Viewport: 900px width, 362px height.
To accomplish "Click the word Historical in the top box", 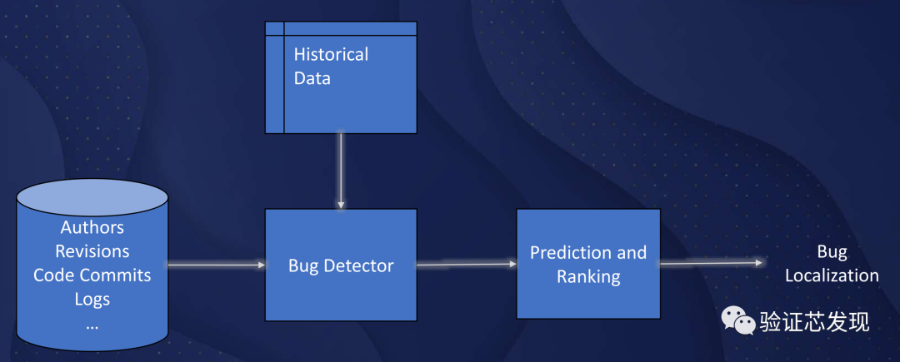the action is coord(331,55).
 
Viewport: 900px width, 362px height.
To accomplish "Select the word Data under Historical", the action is coord(312,79).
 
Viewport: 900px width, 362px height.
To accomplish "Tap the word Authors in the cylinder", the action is coord(92,227).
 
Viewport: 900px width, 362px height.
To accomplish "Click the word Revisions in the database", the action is coord(92,250).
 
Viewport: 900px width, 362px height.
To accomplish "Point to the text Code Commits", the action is coord(92,275).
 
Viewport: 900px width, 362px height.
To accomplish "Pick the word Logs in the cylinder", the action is coord(92,299).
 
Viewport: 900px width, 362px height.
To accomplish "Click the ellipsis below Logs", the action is coord(92,325).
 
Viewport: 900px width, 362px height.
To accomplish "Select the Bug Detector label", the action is coord(341,266).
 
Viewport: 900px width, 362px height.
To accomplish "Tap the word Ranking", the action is coord(588,277).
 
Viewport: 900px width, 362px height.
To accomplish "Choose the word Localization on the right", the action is coord(832,275).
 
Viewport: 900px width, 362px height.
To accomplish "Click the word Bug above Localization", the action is coord(832,251).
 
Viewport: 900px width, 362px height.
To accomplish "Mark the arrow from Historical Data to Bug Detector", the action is coord(341,171).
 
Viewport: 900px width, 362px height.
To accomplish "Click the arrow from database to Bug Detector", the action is coord(217,265).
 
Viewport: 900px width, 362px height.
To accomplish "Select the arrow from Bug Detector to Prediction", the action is coord(467,265).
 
